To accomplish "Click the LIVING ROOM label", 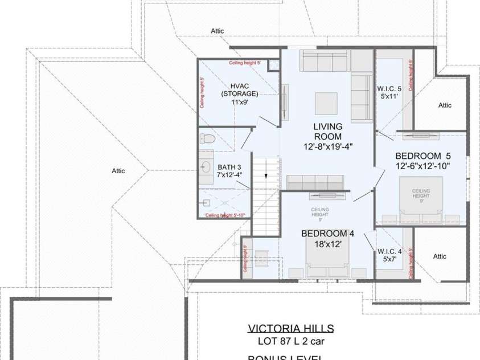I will [327, 132].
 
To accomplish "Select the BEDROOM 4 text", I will [327, 234].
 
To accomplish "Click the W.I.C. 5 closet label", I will [389, 89].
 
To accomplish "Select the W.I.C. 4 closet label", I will [389, 251].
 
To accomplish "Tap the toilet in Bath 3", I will [207, 138].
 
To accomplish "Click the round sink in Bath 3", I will [206, 167].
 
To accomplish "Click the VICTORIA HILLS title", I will [290, 329].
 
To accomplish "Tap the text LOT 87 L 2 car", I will [290, 342].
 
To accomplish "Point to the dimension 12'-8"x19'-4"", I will [327, 146].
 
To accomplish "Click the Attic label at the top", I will [217, 31].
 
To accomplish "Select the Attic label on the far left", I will [118, 170].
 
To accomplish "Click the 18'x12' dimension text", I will [327, 243].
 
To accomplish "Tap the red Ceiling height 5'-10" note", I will [224, 215].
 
